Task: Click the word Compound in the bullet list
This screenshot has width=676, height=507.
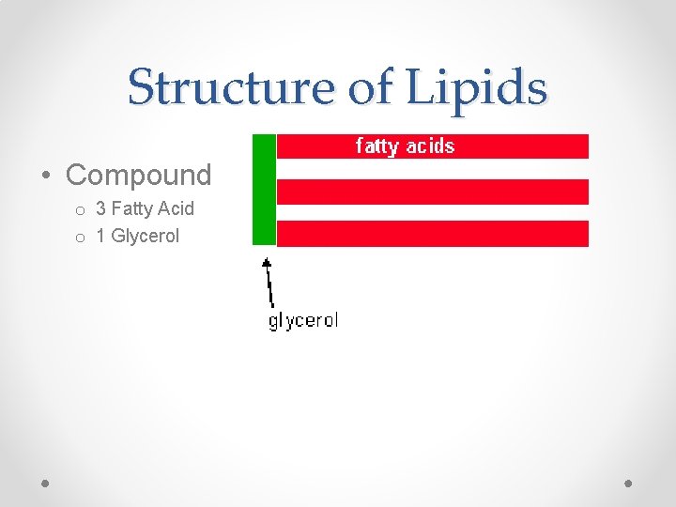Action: click(139, 175)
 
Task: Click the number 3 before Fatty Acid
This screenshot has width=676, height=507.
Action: click(100, 208)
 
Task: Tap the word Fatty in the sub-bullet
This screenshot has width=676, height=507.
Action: click(131, 208)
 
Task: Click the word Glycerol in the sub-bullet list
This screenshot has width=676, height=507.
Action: click(145, 236)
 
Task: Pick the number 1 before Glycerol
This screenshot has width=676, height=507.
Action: click(100, 236)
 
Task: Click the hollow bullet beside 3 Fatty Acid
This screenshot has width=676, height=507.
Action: click(82, 210)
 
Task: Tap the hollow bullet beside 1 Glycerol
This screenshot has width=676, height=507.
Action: click(82, 238)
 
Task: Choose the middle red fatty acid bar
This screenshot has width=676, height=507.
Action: click(433, 192)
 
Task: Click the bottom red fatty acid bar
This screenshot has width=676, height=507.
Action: click(433, 233)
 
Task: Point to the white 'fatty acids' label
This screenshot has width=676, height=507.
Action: click(405, 146)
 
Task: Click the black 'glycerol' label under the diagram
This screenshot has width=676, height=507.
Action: click(302, 321)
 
